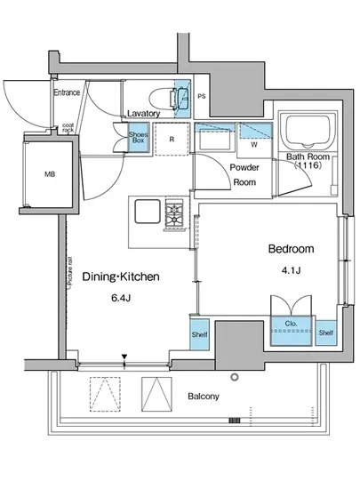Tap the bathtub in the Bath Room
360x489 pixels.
[x=308, y=131]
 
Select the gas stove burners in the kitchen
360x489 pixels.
[x=174, y=214]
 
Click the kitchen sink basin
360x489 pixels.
[x=148, y=212]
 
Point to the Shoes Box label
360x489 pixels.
[x=138, y=137]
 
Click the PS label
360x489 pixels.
[x=202, y=96]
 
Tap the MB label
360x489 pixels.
[x=50, y=174]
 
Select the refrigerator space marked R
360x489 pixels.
[x=172, y=139]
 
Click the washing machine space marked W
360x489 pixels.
[x=254, y=140]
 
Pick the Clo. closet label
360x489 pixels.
[x=292, y=324]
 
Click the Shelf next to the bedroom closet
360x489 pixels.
[x=325, y=333]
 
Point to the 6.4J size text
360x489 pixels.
[x=121, y=298]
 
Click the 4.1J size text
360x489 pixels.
[x=291, y=270]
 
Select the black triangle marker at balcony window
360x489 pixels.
[x=124, y=357]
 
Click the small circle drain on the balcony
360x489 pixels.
[x=235, y=377]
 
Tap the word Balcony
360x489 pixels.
[x=204, y=397]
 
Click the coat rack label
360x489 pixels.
[x=68, y=127]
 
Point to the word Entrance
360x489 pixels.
[x=67, y=92]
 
